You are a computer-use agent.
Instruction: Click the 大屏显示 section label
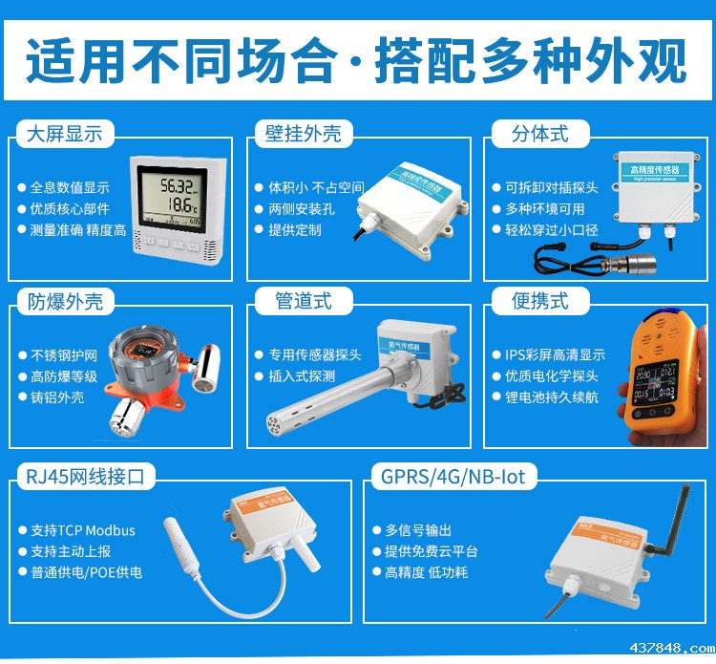(x=65, y=134)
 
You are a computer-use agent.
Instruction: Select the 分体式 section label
(x=539, y=134)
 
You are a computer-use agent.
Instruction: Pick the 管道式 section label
(x=303, y=302)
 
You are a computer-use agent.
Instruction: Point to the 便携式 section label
(x=539, y=302)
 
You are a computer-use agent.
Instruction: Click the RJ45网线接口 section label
(x=86, y=476)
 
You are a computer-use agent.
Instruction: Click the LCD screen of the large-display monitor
(x=178, y=198)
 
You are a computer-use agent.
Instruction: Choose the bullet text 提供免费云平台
(x=431, y=551)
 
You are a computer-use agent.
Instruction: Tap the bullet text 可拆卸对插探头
(x=551, y=188)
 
